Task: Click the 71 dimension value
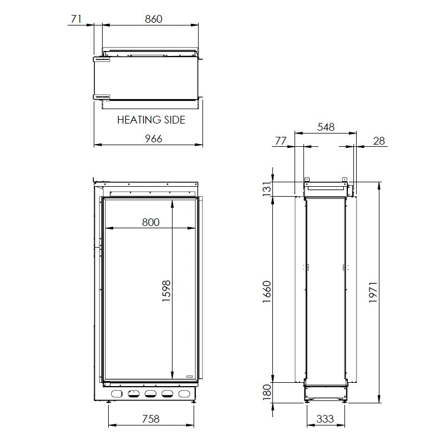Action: pos(76,19)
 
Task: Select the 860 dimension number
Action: pos(154,19)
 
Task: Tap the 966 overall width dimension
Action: pos(154,139)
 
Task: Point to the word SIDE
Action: pos(175,120)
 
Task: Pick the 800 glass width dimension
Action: pos(151,222)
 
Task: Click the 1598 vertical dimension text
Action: pos(166,290)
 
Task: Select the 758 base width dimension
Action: pos(151,419)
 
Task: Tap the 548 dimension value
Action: pos(326,127)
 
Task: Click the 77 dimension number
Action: pos(281,141)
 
